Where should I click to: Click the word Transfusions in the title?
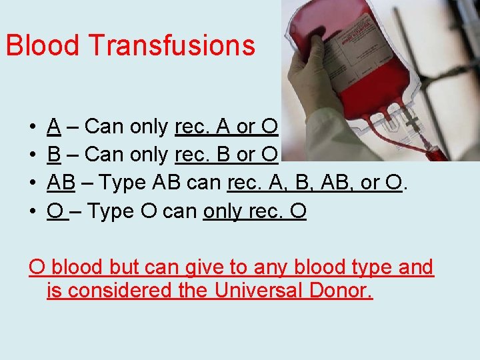[171, 45]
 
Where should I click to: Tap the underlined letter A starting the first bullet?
[55, 125]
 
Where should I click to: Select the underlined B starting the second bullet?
[55, 154]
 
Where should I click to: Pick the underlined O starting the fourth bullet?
[56, 211]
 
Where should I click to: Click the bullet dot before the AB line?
[33, 183]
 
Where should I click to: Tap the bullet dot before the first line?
[33, 126]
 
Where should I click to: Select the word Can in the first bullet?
[104, 125]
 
